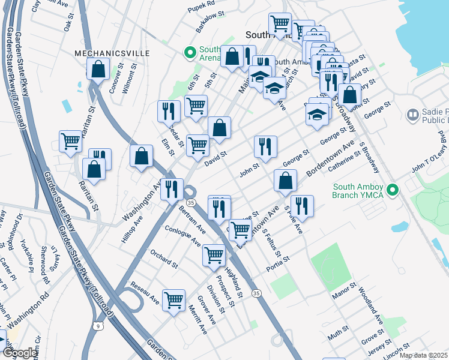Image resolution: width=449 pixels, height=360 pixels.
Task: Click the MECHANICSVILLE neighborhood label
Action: coord(112,53)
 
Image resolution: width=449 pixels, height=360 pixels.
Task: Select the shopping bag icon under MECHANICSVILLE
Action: coord(98,69)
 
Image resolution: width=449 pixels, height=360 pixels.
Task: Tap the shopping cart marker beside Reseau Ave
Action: coord(173,299)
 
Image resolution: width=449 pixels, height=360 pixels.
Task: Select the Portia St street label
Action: coord(278,263)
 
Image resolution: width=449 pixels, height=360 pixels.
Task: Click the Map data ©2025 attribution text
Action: coord(423,355)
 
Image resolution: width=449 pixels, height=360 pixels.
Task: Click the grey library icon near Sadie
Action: coord(412,114)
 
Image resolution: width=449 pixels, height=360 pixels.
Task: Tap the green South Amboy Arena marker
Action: coord(191,53)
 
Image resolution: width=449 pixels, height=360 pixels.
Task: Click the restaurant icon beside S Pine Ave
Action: coord(302,205)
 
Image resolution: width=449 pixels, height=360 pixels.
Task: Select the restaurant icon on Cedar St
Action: coord(169,110)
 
